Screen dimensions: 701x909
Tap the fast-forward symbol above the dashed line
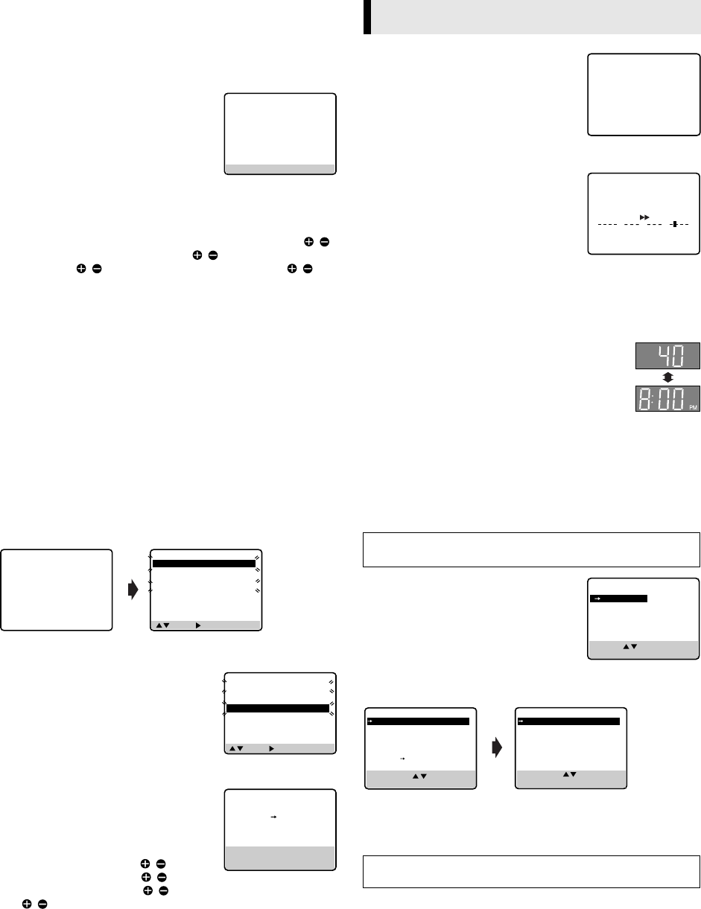coord(644,216)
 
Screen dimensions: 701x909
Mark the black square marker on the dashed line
coord(675,223)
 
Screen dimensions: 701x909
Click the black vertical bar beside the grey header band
coord(367,16)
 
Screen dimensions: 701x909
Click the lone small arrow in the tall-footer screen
coord(273,817)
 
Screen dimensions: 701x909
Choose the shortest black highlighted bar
coord(618,598)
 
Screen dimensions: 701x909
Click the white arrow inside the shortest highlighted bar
coord(597,598)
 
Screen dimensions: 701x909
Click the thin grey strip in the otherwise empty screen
coord(280,168)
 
